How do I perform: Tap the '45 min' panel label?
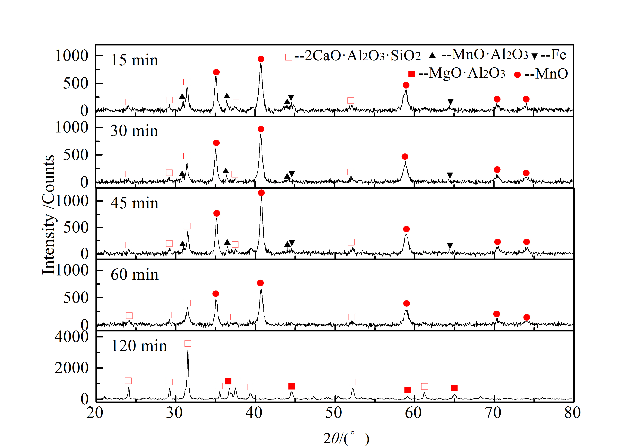click(135, 203)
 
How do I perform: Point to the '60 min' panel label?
click(135, 275)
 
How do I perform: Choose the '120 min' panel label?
click(139, 346)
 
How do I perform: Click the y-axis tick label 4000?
click(72, 337)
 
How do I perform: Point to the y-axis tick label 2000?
click(72, 368)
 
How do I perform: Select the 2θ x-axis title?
click(346, 438)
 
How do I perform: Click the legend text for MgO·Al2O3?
click(462, 73)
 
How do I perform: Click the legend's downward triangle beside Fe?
click(535, 56)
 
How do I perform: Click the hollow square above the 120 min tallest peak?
click(188, 343)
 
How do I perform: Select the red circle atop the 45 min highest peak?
click(261, 193)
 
